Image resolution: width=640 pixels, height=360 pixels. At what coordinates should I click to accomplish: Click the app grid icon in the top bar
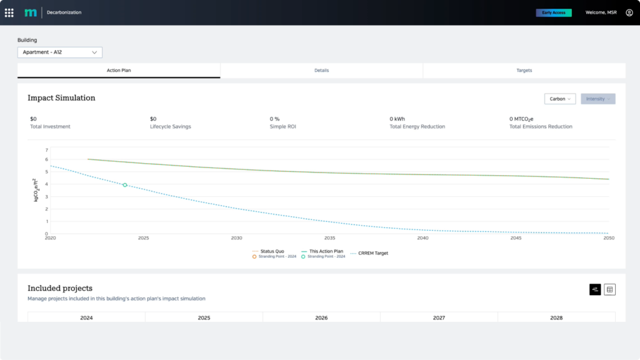[9, 12]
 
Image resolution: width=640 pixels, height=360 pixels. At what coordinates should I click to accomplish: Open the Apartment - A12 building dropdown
[59, 52]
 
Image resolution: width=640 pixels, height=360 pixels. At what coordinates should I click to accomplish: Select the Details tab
[321, 71]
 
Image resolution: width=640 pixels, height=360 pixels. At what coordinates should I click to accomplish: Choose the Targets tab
[524, 71]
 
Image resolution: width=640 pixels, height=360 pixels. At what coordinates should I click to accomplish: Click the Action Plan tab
[119, 71]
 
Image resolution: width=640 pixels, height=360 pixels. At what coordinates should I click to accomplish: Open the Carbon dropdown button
[559, 99]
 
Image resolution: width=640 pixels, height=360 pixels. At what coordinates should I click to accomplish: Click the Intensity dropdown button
[597, 99]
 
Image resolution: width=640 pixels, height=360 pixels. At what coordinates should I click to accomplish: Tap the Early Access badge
[554, 12]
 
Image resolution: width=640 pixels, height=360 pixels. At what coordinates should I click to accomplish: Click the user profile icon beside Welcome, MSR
[629, 12]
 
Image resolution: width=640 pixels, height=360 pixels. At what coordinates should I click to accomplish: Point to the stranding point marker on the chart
[125, 185]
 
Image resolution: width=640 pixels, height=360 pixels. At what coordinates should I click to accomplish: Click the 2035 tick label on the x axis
[330, 238]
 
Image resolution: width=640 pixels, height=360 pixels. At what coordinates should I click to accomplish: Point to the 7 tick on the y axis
[46, 150]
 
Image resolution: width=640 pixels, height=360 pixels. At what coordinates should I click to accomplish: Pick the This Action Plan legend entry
[326, 251]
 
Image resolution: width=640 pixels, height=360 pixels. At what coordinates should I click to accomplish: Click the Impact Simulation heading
[61, 98]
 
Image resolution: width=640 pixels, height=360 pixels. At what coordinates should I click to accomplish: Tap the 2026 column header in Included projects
[321, 317]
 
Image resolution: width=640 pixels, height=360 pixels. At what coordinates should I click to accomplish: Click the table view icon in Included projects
[610, 289]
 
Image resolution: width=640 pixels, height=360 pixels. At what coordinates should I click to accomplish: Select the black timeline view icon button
[595, 289]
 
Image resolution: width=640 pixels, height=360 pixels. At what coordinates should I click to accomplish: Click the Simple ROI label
[284, 126]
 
